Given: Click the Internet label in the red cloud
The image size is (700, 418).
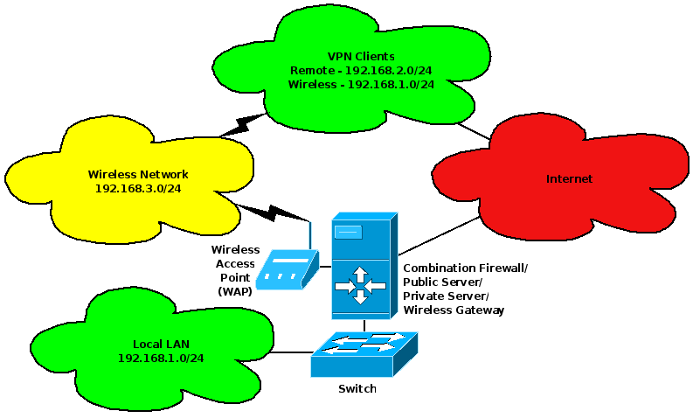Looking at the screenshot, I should pos(569,179).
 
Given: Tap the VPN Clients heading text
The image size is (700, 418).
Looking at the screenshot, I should pos(361,54).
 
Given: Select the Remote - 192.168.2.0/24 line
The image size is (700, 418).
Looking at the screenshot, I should pos(361,69).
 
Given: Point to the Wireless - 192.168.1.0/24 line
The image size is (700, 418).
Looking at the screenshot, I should pos(361,84).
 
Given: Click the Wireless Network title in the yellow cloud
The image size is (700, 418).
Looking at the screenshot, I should pos(138,174).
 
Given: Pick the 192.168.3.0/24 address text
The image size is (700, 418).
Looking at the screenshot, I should pos(138,188).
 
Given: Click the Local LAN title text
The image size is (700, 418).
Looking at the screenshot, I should pos(161,344).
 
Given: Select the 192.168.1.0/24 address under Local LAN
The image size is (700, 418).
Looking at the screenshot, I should pos(161,358).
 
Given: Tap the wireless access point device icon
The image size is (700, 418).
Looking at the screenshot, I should pos(291,269).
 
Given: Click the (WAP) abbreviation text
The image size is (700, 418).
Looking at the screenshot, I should pos(235,291).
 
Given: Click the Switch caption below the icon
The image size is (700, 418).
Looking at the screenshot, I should pos(357,388).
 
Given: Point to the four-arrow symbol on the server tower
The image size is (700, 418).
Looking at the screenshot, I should pos(361,286).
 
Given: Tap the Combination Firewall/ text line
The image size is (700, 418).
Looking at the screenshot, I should pos(465,267).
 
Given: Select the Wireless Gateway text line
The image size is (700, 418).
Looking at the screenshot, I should pos(453,310).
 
